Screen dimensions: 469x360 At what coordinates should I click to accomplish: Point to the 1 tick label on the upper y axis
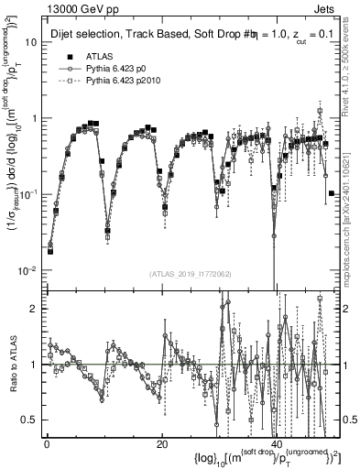[x=34, y=118]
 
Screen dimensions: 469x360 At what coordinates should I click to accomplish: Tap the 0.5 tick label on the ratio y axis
[x=30, y=420]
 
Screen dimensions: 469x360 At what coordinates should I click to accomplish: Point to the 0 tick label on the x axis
[x=46, y=444]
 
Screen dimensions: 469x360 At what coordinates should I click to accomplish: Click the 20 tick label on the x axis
[x=161, y=444]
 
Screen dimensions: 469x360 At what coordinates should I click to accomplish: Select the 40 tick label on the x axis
[x=277, y=444]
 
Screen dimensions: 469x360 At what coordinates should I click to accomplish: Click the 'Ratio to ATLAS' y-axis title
[x=11, y=365]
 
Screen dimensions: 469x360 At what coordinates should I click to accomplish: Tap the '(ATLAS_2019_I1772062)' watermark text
[x=190, y=274]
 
